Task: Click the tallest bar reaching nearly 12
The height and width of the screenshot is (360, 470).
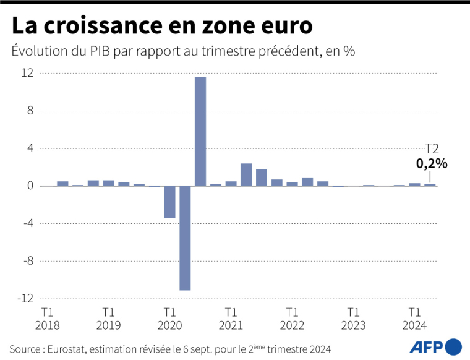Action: [x=200, y=131]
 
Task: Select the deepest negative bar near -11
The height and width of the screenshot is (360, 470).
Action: [x=185, y=238]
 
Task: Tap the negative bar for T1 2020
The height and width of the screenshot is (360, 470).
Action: [x=169, y=202]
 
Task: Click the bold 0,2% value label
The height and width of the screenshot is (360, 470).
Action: [x=431, y=164]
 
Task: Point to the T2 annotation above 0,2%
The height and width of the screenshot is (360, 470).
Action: [x=432, y=148]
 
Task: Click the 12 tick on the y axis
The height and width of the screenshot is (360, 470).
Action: [x=27, y=73]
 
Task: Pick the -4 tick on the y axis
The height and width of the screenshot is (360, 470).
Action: [x=27, y=223]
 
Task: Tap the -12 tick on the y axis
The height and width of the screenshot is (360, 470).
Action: [x=25, y=298]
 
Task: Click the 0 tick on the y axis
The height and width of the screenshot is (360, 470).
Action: [x=30, y=186]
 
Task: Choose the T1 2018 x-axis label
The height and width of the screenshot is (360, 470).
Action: [x=48, y=319]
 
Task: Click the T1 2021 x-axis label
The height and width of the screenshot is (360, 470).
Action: [x=231, y=319]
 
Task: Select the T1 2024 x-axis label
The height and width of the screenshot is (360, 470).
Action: [x=415, y=319]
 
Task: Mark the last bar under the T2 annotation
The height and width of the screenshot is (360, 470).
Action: [x=430, y=184]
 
